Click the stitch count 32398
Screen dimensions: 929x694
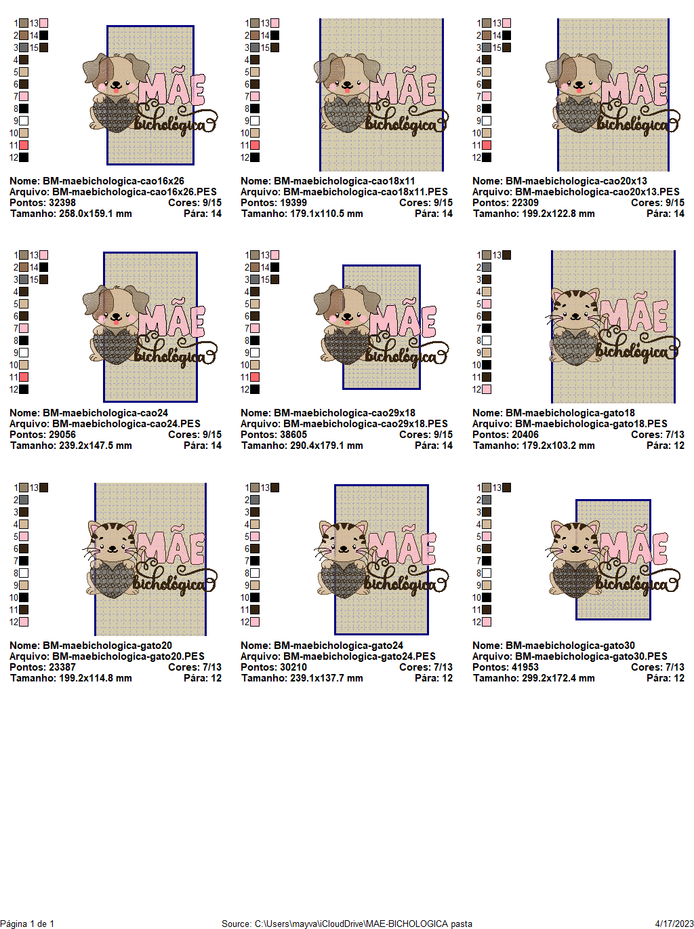62,203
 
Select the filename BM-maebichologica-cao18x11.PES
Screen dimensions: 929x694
365,192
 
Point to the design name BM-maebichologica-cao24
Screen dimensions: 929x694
105,413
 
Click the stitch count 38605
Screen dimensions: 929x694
295,435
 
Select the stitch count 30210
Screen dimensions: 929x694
295,667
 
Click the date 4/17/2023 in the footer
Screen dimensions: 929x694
674,924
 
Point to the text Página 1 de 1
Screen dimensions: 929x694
27,924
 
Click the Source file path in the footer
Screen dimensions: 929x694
347,924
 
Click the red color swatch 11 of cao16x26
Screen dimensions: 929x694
24,145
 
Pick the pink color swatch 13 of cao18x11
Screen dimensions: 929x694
274,23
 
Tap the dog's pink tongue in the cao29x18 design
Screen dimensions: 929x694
348,317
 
